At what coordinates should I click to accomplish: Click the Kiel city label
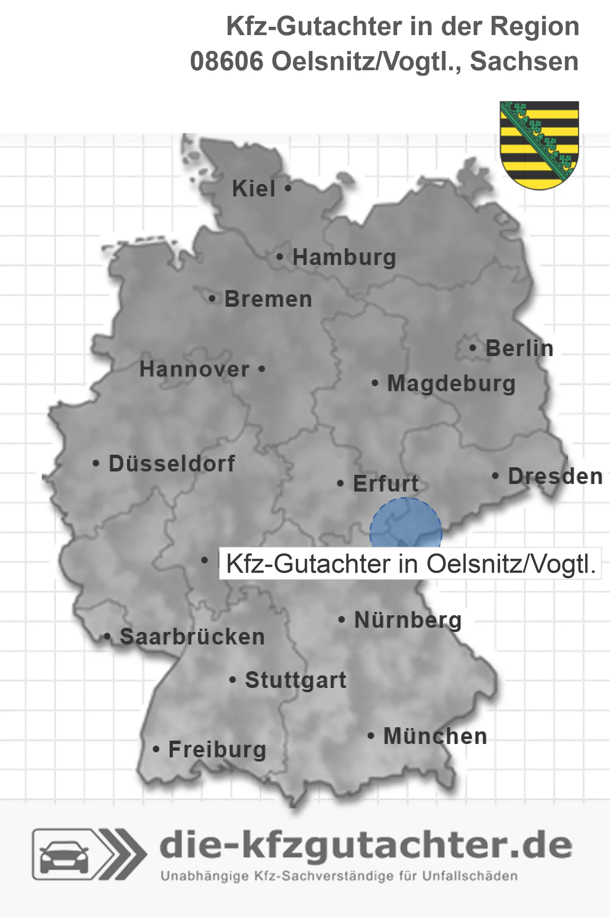coord(254,188)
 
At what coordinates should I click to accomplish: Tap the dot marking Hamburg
coord(280,257)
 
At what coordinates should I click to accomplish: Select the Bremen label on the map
coord(268,299)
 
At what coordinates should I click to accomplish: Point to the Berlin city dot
coord(473,348)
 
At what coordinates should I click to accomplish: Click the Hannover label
coord(194,369)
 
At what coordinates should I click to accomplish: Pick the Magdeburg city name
coord(451,384)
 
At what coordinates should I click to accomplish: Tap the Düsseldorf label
coord(172,464)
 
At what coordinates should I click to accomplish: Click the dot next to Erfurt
coord(341,484)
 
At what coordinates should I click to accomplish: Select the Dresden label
coord(555,476)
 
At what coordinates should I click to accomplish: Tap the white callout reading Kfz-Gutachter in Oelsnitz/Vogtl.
coord(410,564)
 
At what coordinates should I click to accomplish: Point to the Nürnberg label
coord(408,620)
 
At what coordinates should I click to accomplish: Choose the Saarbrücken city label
coord(192,637)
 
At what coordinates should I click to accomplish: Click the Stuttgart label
coord(295,680)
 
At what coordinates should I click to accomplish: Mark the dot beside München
coord(371,736)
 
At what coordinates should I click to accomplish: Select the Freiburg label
coord(217,749)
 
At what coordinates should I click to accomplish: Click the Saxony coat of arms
coord(539,145)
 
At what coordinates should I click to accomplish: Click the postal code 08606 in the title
coord(226,61)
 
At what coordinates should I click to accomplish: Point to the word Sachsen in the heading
coord(524,61)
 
